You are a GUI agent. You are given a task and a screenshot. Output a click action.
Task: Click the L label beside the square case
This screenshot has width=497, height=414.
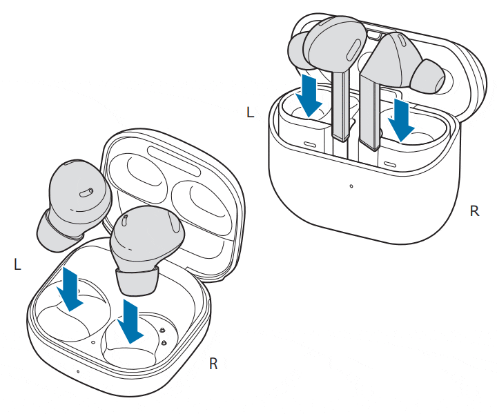17,264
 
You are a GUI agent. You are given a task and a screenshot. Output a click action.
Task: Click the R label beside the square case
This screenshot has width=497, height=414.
213,364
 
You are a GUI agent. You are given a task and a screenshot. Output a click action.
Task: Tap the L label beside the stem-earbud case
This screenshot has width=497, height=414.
250,112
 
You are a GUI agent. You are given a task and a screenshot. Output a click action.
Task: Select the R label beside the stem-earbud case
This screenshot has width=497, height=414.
474,210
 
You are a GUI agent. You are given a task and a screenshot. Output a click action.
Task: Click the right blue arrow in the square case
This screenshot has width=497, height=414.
130,321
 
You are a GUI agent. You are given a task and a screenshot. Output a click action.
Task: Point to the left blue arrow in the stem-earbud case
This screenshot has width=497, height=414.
309,95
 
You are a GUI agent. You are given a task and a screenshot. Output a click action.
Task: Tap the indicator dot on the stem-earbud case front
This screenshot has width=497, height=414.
351,186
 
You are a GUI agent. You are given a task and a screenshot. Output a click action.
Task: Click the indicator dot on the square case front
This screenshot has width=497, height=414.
78,371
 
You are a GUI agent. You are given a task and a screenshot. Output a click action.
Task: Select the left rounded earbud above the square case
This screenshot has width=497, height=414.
75,204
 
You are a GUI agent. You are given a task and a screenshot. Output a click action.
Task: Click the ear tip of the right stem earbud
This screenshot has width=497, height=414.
429,77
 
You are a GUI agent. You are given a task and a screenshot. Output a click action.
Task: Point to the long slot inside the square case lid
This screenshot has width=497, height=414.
174,161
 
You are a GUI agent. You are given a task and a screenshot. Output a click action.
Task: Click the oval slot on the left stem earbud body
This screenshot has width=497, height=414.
353,50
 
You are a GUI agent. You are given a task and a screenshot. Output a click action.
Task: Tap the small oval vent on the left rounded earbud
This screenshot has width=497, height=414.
86,193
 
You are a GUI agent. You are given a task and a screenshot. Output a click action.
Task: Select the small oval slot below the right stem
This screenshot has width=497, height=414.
390,164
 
